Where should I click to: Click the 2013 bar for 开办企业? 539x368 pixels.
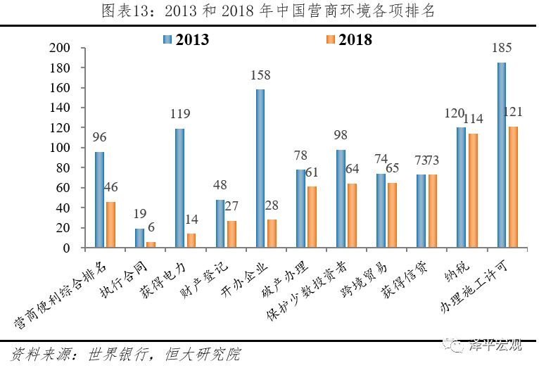(260, 169)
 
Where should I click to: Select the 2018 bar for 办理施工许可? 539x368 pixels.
(513, 187)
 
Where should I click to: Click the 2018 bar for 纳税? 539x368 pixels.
(473, 191)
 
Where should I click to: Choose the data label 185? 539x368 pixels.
(501, 49)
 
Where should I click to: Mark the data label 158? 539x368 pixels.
(260, 75)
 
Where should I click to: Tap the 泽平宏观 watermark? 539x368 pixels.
(495, 345)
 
